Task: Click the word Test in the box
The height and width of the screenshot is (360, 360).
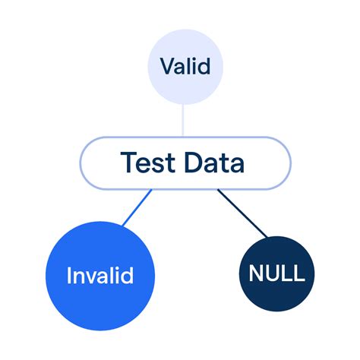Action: click(x=145, y=162)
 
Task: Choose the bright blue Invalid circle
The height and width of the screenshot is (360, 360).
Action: click(x=100, y=275)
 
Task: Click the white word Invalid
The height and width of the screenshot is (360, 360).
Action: click(x=100, y=275)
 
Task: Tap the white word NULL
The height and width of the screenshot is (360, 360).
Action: click(x=272, y=273)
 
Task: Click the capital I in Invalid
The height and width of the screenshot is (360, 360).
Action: click(x=68, y=275)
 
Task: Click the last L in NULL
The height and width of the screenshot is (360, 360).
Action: click(x=296, y=273)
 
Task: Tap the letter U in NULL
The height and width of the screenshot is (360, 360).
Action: click(x=266, y=273)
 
